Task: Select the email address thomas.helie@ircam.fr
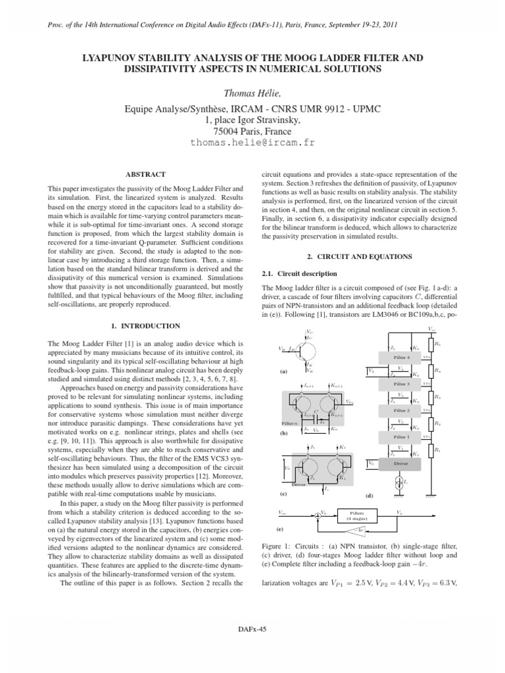coord(252,143)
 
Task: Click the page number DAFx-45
coord(252,630)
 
